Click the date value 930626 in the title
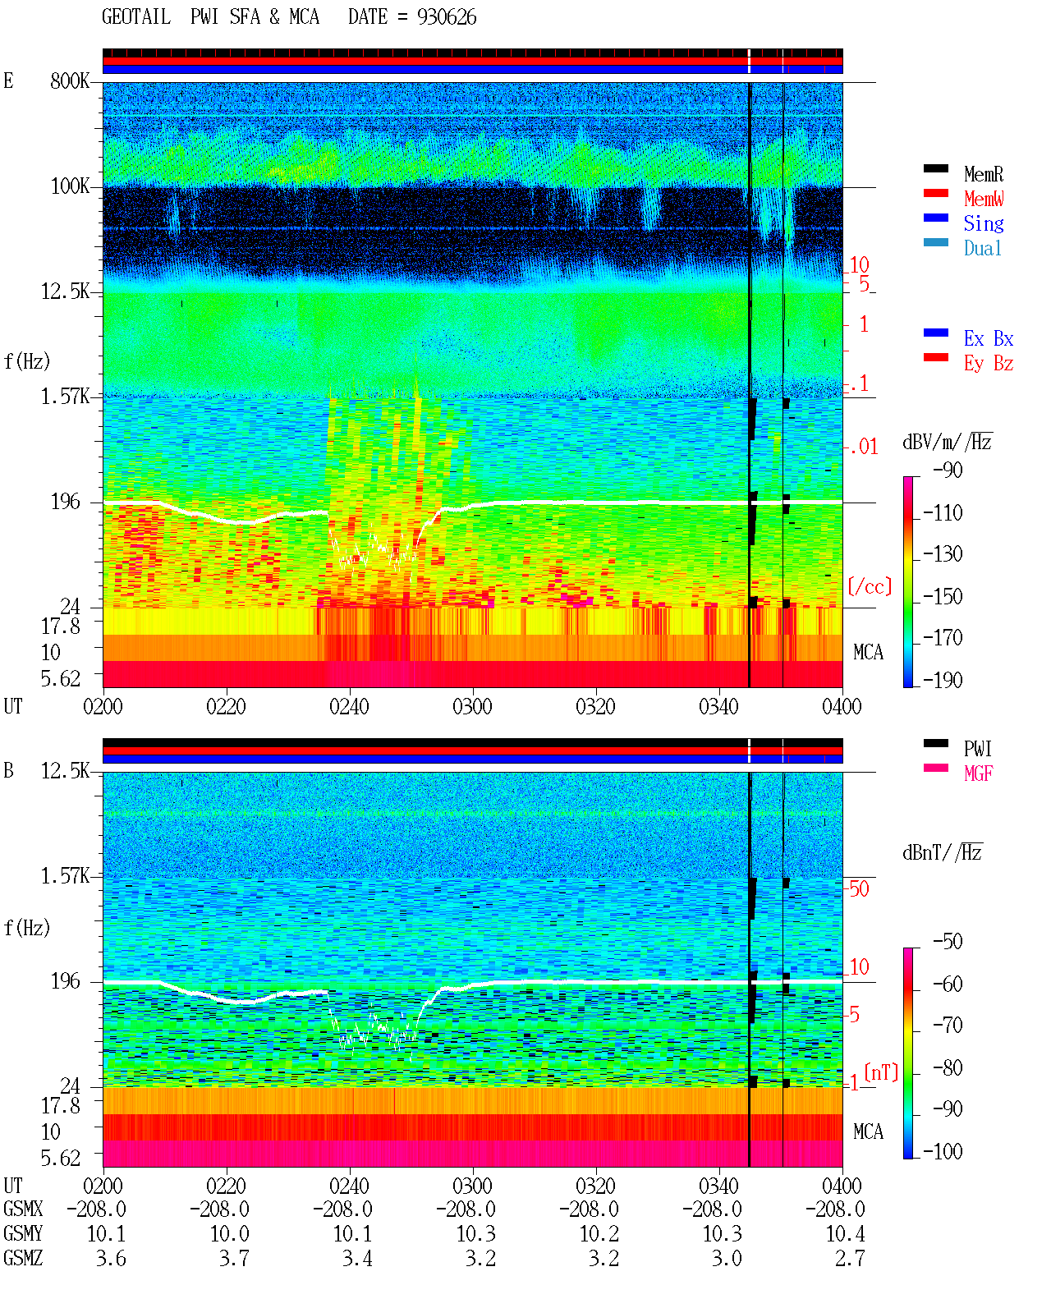tap(447, 17)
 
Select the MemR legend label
tap(984, 174)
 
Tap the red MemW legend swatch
tap(935, 193)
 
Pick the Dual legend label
tap(983, 248)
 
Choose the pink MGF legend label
tap(978, 773)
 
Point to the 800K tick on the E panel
tap(70, 80)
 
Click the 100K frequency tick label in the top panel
tap(70, 186)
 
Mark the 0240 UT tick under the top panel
tap(349, 706)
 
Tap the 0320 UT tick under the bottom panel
tap(595, 1185)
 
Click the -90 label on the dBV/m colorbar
tap(948, 470)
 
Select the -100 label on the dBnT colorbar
tap(943, 1151)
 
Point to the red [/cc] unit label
tap(870, 586)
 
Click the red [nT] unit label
tap(881, 1072)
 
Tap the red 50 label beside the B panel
tap(859, 888)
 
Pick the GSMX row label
tap(23, 1209)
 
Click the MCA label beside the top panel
tap(868, 652)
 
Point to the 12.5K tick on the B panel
tap(65, 771)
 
